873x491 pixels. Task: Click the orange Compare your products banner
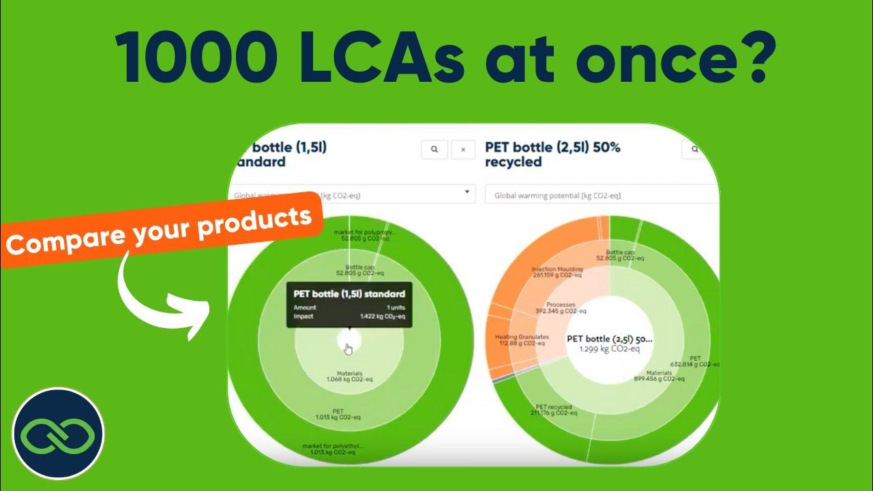pyautogui.click(x=164, y=225)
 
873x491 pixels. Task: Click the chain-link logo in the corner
pyautogui.click(x=59, y=432)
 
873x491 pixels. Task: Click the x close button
pyautogui.click(x=463, y=149)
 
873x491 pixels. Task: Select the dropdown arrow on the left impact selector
pyautogui.click(x=467, y=192)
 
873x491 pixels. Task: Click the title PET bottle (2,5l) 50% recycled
pyautogui.click(x=552, y=155)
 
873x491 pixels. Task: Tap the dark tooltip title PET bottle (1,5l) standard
pyautogui.click(x=349, y=294)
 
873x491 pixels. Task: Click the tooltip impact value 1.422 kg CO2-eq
pyautogui.click(x=383, y=316)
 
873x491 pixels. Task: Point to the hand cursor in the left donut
pyautogui.click(x=349, y=349)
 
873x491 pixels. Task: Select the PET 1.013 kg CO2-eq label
pyautogui.click(x=338, y=415)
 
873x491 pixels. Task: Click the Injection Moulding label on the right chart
pyautogui.click(x=557, y=271)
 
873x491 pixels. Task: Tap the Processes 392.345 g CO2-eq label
pyautogui.click(x=561, y=308)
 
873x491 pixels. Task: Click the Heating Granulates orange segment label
pyautogui.click(x=522, y=340)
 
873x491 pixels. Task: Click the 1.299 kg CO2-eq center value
pyautogui.click(x=610, y=348)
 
